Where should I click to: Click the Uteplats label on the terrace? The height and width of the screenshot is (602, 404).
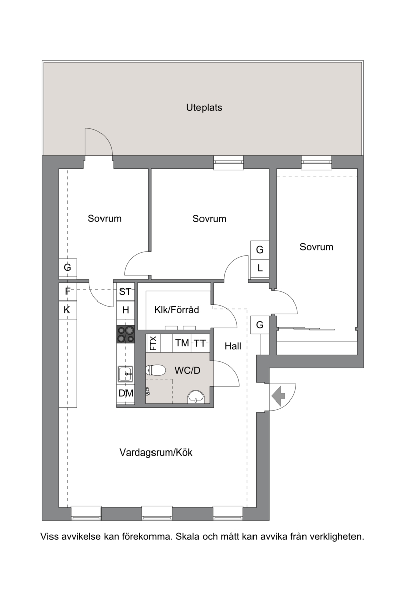[x=204, y=108]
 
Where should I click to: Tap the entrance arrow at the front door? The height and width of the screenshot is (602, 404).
[x=278, y=396]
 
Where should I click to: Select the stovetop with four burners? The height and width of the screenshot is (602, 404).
[x=126, y=334]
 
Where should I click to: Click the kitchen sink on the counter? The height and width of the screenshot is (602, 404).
[x=125, y=374]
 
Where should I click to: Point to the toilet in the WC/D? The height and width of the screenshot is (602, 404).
[x=156, y=371]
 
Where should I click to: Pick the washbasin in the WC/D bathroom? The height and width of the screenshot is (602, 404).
[x=196, y=396]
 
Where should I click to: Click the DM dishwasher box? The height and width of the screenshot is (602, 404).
[x=126, y=393]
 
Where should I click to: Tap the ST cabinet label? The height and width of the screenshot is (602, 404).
[x=125, y=292]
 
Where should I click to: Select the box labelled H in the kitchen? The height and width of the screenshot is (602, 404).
[x=126, y=310]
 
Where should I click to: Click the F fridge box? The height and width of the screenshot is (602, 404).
[x=68, y=292]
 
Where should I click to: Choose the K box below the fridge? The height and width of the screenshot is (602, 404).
[x=68, y=310]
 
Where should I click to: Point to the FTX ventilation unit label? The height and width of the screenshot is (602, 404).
[x=153, y=343]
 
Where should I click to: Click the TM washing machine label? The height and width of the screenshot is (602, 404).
[x=182, y=343]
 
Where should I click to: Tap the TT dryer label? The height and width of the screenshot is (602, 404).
[x=199, y=343]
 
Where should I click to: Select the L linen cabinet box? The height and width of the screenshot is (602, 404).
[x=260, y=268]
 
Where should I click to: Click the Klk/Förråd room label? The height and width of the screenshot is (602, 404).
[x=177, y=310]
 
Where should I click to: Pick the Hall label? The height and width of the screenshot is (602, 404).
[x=233, y=346]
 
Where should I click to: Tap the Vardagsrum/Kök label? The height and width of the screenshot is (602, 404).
[x=156, y=453]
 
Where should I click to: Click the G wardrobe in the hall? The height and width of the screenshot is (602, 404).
[x=260, y=325]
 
